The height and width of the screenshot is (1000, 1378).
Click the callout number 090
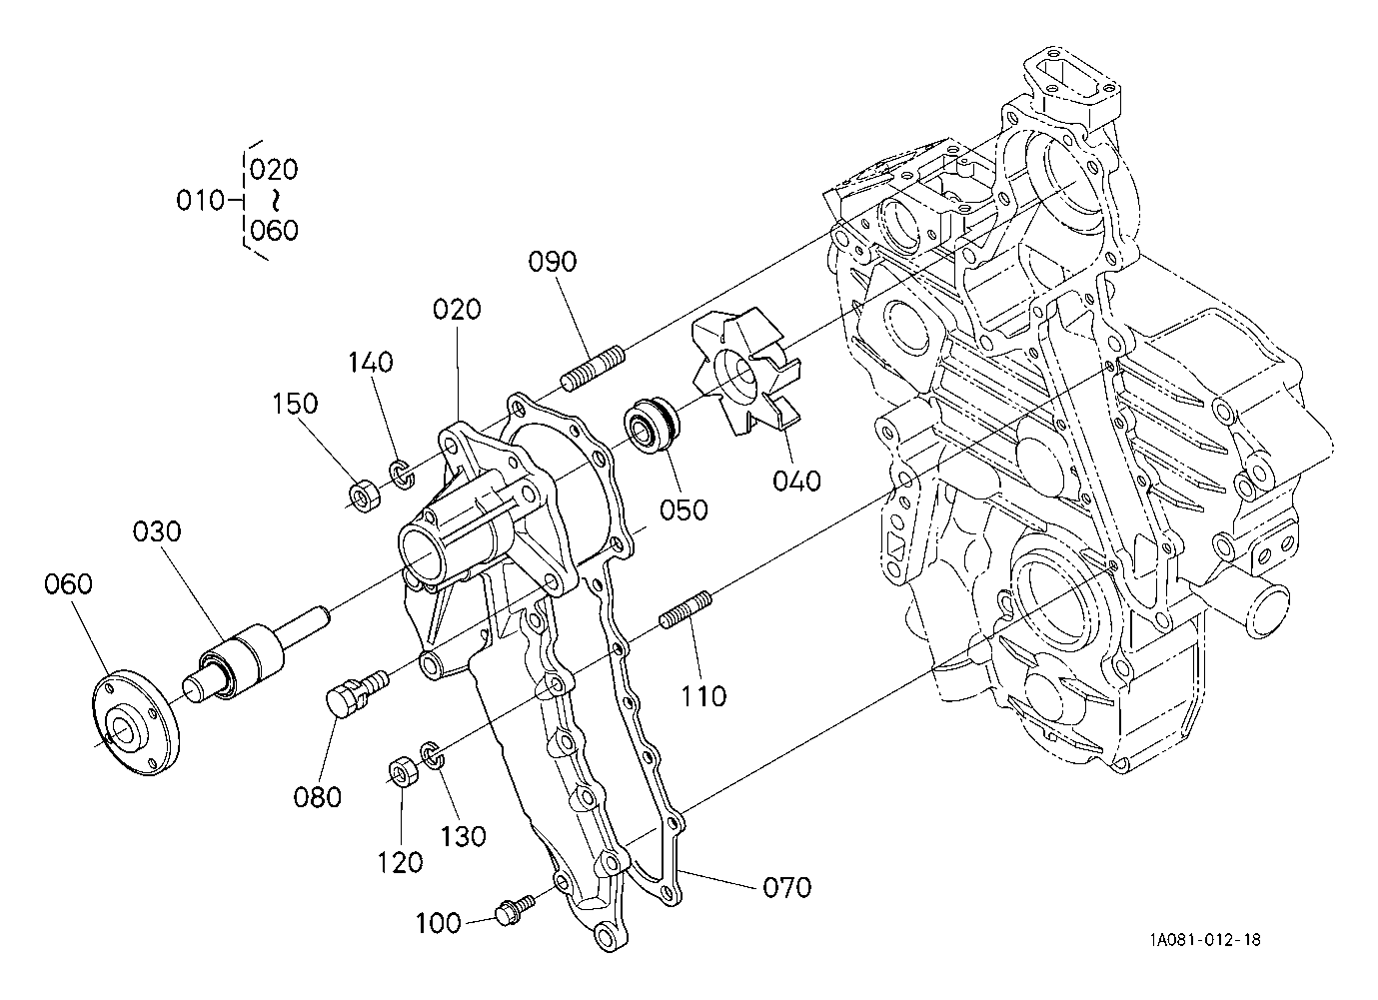553,262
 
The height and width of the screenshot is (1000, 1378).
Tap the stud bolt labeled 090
593,369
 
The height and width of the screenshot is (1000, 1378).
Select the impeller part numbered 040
746,373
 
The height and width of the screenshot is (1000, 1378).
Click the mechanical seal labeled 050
652,426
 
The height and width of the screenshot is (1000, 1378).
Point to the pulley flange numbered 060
135,721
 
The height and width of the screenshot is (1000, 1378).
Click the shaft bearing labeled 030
255,654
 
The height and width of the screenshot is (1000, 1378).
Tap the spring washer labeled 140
402,474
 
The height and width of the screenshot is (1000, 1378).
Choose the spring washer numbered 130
432,755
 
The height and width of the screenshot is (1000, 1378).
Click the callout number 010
200,200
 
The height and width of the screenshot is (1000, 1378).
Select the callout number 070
786,887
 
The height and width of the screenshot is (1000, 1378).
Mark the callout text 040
796,481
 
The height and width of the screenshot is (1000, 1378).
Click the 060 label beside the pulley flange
68,583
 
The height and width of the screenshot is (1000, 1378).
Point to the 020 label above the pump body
457,310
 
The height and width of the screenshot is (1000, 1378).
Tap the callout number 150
296,404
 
